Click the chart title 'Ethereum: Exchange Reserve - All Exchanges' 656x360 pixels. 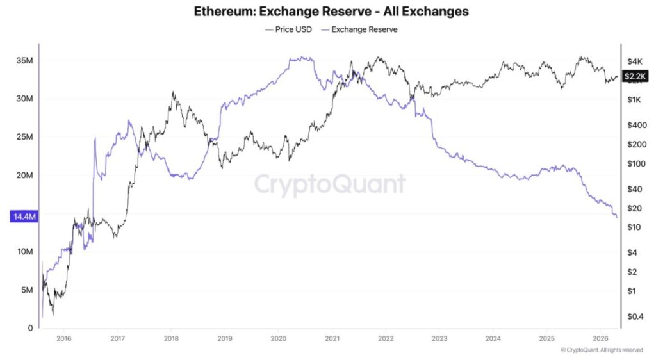tap(331, 12)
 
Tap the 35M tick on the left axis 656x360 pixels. tap(25, 61)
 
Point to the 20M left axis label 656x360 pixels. tap(25, 176)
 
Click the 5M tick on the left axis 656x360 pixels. tap(27, 290)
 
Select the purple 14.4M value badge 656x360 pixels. tap(24, 217)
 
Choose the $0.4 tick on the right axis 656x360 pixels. tap(635, 316)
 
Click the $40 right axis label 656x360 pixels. tap(634, 189)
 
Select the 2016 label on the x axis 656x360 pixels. tap(63, 338)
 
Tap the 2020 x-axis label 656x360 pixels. tap(278, 338)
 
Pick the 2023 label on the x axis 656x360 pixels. tap(439, 338)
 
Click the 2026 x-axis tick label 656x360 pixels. tap(600, 338)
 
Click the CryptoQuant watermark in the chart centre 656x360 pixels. tap(330, 184)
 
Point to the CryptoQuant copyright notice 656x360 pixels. tap(602, 350)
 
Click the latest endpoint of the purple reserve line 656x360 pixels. tap(617, 217)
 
